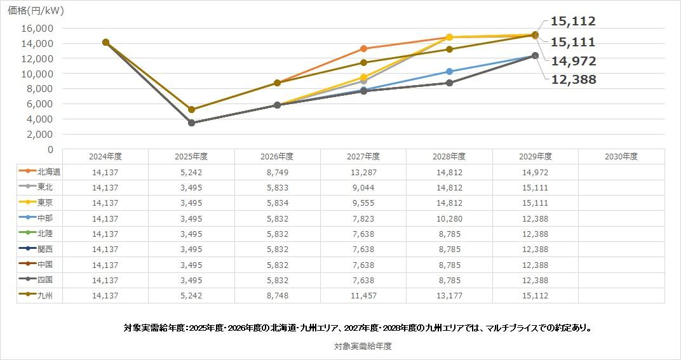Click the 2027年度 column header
[x=363, y=156]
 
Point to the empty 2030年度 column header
[x=621, y=156]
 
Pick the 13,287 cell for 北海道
[x=363, y=172]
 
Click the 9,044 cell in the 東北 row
[x=363, y=187]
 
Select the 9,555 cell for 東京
[x=363, y=203]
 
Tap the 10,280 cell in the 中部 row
[x=449, y=218]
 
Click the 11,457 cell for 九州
[x=363, y=295]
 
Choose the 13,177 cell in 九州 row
[x=449, y=295]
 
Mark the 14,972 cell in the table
[x=535, y=172]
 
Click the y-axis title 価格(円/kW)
[x=36, y=11]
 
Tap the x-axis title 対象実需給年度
[x=363, y=346]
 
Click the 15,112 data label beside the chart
[x=572, y=21]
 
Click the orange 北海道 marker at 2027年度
[x=363, y=49]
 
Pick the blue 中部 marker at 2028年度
[x=449, y=72]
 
